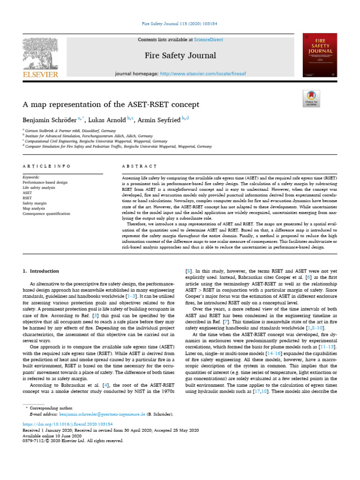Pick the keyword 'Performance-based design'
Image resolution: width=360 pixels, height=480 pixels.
tap(45, 182)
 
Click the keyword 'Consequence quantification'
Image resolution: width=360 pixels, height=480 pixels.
tap(46, 213)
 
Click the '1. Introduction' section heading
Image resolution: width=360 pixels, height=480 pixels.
tap(41, 271)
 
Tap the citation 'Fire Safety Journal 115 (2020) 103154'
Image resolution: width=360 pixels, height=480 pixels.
tap(180, 23)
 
